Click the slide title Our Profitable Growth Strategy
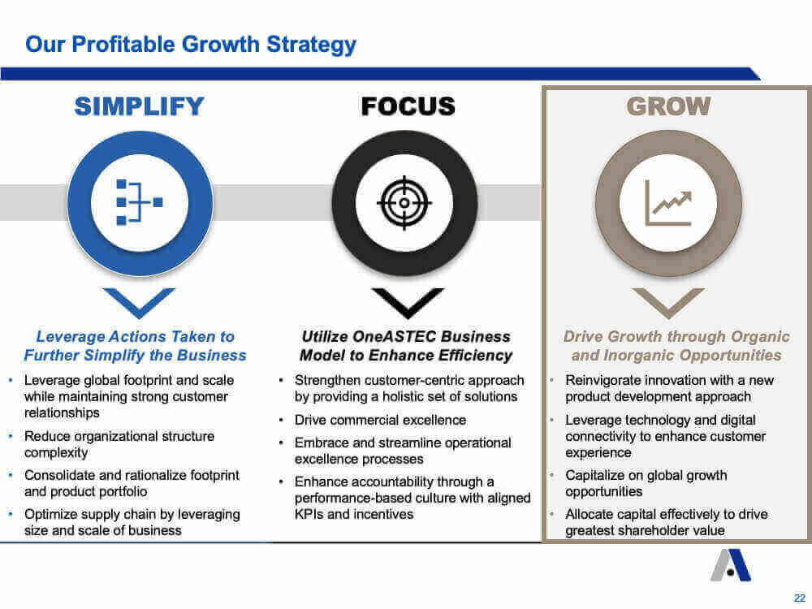pos(191,45)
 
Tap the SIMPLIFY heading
pos(140,106)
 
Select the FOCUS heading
pos(408,106)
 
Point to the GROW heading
pos(668,106)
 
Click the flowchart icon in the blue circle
pos(140,202)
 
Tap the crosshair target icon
pos(404,203)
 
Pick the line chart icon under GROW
pos(668,203)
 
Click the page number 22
pos(800,598)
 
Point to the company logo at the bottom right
pos(731,565)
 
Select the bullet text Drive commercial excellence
pos(380,420)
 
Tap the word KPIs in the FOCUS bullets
pos(309,514)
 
